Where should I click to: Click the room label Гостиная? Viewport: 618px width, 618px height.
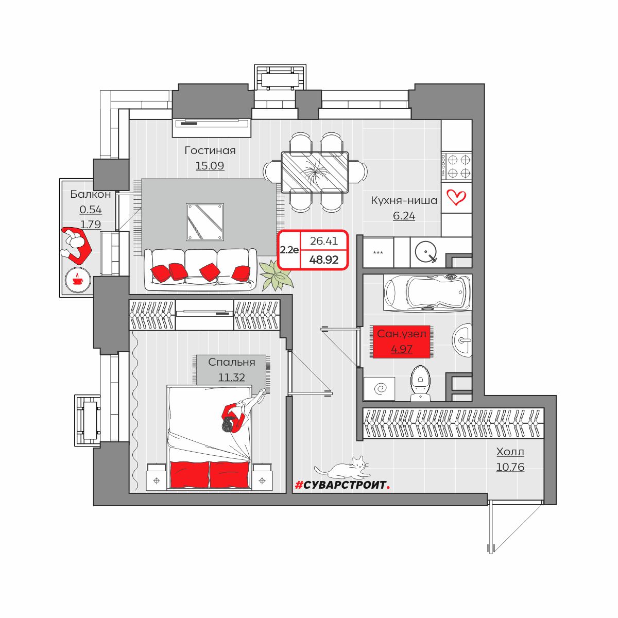(210, 150)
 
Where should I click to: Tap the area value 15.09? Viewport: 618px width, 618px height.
(210, 166)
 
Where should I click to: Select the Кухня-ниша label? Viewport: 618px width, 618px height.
(404, 200)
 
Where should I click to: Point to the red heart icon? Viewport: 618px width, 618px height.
(456, 197)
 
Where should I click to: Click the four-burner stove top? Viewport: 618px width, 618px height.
(457, 166)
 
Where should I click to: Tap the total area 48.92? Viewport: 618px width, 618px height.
(323, 260)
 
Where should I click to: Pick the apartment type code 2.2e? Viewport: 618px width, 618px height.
(289, 250)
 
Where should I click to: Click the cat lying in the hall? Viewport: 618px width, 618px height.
(342, 468)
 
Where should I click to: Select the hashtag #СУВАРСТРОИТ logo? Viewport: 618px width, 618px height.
(342, 485)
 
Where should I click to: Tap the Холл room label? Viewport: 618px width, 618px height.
(510, 452)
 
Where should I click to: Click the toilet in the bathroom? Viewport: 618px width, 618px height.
(420, 383)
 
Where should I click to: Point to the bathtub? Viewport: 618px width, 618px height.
(427, 293)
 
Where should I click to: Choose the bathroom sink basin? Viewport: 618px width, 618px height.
(462, 340)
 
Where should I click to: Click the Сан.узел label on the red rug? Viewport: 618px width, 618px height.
(402, 334)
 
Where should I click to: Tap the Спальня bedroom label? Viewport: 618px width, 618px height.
(232, 362)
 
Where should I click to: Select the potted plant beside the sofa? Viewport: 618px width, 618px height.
(276, 276)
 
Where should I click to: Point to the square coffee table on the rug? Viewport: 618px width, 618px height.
(205, 221)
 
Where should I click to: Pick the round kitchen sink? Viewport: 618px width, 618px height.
(425, 252)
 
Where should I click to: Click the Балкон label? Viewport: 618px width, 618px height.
(91, 194)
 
